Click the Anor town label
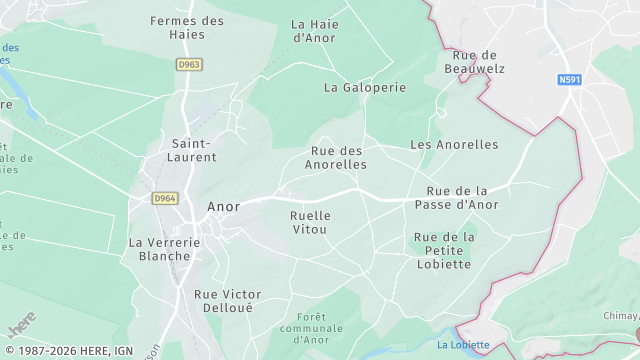[x=223, y=207]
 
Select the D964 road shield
[x=165, y=199]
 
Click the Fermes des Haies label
[x=187, y=27]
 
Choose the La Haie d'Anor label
[x=314, y=30]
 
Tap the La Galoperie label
[x=365, y=87]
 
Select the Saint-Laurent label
[x=195, y=150]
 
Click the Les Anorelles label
[x=454, y=145]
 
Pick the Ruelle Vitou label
[x=309, y=222]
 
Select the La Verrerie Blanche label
[x=165, y=248]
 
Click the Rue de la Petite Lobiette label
[x=443, y=250]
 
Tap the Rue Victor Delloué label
[x=227, y=301]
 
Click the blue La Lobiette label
[x=463, y=345]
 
